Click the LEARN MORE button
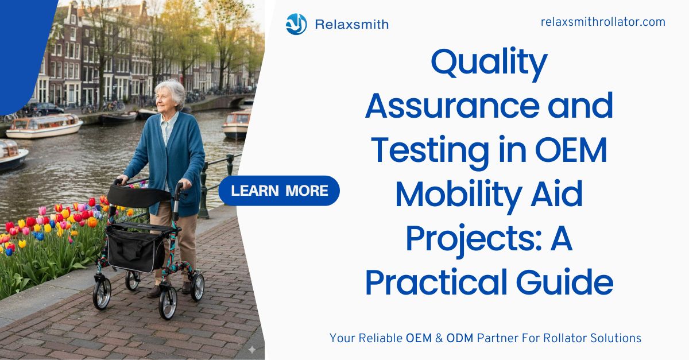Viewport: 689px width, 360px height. coord(279,191)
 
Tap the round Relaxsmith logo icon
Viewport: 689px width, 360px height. coord(296,24)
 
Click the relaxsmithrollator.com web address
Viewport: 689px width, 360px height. coord(603,22)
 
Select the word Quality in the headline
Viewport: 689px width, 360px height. coord(489,64)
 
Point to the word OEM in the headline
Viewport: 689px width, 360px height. coord(571,150)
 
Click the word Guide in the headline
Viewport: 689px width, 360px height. coord(565,282)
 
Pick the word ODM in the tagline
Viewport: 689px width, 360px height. coord(460,338)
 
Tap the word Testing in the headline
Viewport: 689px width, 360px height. coord(430,153)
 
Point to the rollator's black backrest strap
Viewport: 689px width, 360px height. coord(138,196)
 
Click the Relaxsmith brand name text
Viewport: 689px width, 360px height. coord(352,24)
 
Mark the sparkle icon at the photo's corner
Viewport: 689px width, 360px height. coord(252,350)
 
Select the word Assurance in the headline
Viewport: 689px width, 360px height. coord(452,106)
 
